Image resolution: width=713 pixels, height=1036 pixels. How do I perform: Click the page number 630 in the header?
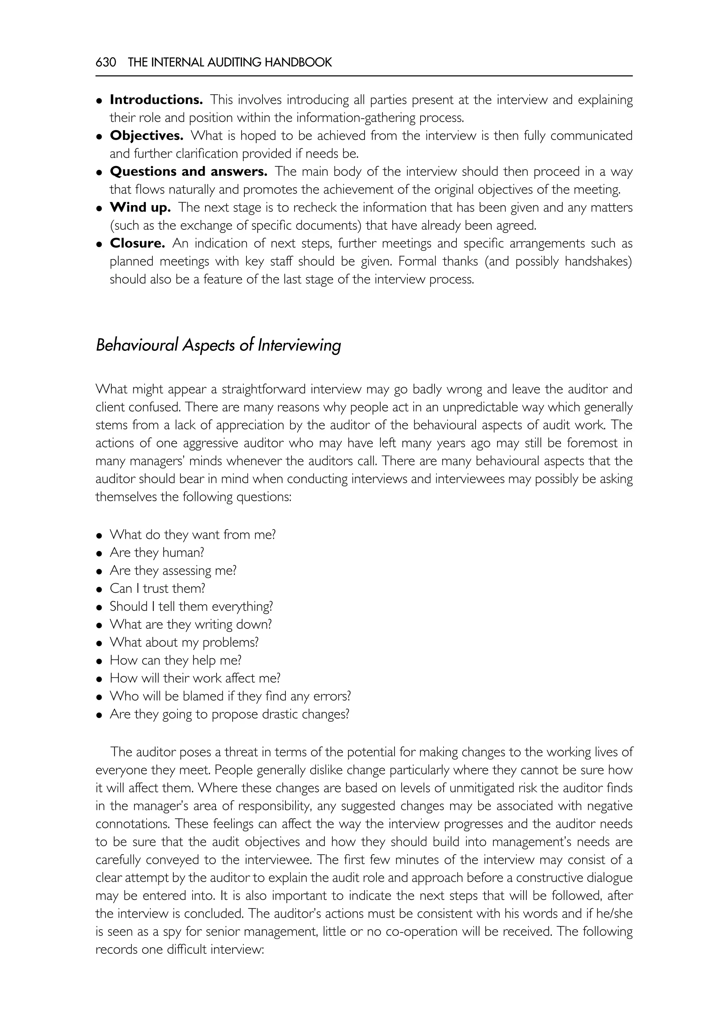(105, 63)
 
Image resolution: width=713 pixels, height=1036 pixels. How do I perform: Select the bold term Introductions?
(156, 100)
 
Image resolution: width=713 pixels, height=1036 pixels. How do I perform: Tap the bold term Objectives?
(147, 135)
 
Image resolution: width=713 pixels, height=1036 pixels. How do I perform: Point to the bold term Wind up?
(140, 207)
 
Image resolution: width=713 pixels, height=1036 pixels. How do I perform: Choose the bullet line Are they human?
(157, 552)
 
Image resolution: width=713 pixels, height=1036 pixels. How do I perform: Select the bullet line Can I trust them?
(157, 588)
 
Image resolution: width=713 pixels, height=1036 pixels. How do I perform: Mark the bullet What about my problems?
(184, 642)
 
